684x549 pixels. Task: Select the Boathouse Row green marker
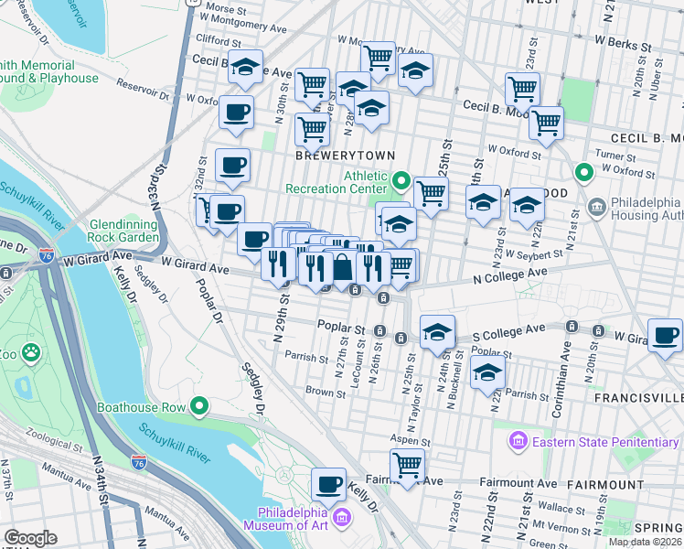[x=199, y=407]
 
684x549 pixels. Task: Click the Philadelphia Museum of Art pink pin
[x=342, y=519]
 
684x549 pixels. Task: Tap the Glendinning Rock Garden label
[x=124, y=231]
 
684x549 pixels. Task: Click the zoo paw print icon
[x=31, y=350]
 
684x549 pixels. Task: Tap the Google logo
[x=30, y=538]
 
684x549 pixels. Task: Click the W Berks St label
[x=623, y=42]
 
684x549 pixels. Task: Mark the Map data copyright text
[x=645, y=542]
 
